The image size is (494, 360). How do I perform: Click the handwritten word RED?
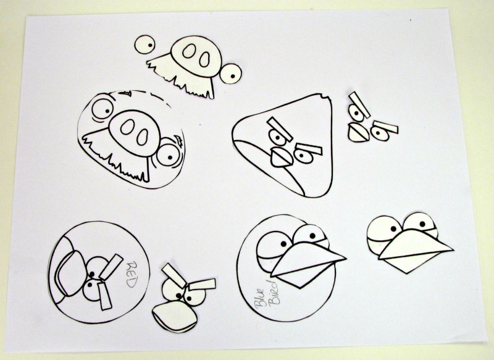(x=132, y=274)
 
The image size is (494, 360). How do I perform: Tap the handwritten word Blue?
(x=261, y=297)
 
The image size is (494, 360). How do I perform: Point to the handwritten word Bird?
(x=273, y=292)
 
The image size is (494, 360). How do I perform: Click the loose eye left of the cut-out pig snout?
(x=144, y=44)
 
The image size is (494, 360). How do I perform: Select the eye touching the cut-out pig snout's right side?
(x=230, y=73)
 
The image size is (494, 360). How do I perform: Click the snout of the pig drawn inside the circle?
(x=135, y=133)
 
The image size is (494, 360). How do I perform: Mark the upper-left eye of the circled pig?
(x=103, y=109)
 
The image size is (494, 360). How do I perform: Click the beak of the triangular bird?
(x=282, y=157)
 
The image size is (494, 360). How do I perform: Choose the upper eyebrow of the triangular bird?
(x=280, y=129)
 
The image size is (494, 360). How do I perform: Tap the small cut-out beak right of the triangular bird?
(x=359, y=132)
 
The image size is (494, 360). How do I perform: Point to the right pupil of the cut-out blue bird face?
(x=422, y=224)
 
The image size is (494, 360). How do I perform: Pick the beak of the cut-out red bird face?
(x=175, y=317)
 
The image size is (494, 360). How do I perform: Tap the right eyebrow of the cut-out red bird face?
(x=203, y=284)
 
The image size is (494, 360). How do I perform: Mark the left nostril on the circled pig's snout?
(x=128, y=127)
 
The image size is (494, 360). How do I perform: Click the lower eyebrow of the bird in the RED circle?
(x=105, y=296)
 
